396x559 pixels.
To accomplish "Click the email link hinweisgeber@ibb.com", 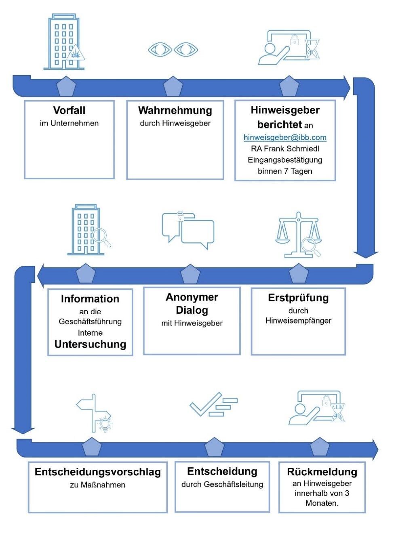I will coord(285,137).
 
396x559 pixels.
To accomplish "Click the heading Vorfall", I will coord(69,110).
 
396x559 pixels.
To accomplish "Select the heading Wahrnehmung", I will coord(175,110).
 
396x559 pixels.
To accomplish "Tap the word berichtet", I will coord(280,124).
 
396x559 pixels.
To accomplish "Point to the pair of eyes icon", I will coord(173,50).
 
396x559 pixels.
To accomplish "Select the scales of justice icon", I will coord(299,234).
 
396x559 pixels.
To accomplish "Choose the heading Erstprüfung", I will coord(298,298).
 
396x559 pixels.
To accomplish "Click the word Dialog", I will coord(192,310).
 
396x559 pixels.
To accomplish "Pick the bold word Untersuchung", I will coord(90,344).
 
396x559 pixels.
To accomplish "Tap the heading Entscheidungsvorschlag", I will coord(98,472).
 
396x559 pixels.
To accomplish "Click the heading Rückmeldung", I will coord(322,472).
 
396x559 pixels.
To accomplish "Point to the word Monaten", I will coord(322,503).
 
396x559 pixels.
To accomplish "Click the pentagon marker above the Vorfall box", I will coord(66,86).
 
